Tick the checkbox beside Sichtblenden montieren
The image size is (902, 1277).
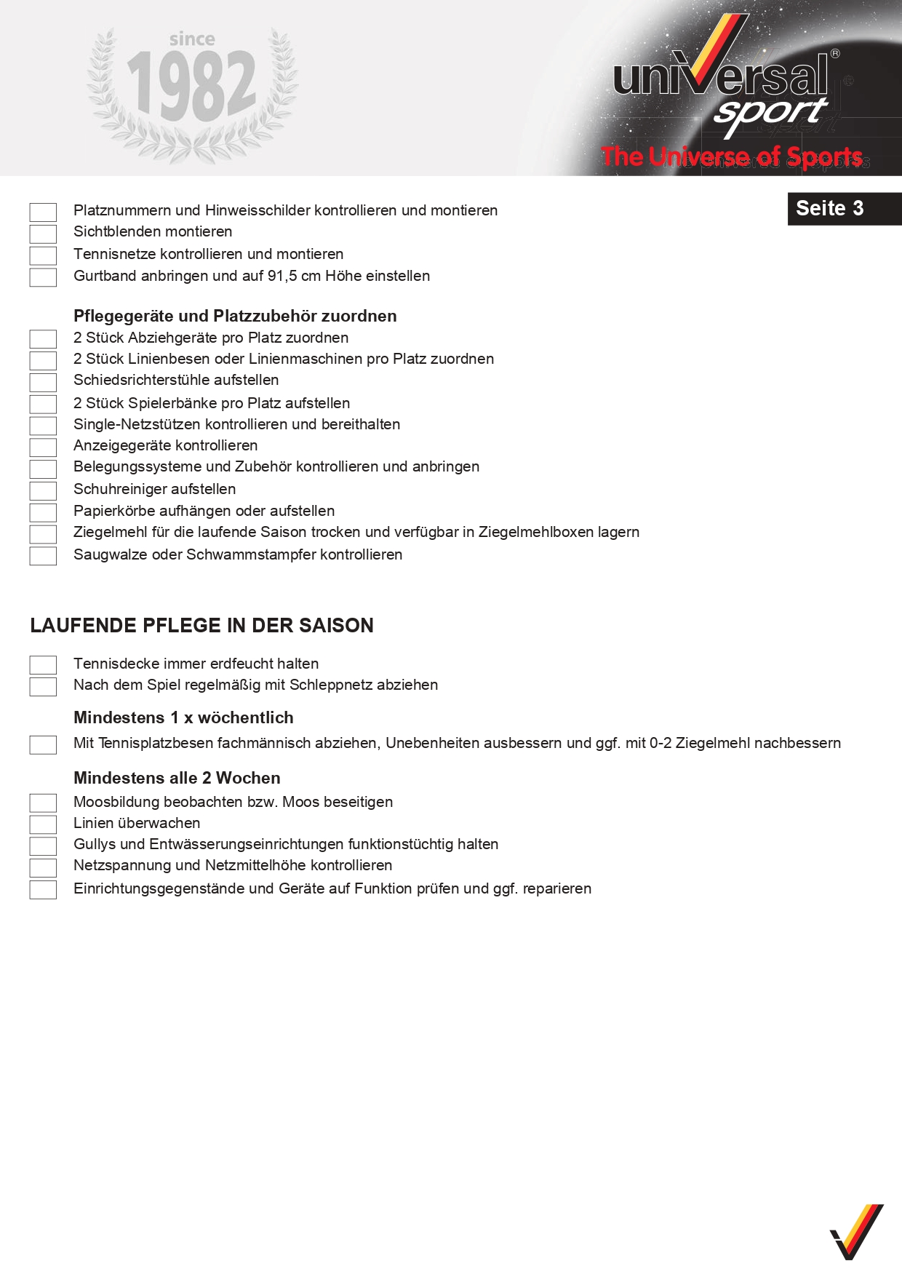tap(43, 234)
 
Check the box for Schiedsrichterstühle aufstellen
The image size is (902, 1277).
tap(43, 382)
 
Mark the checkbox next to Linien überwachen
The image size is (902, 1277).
tap(43, 824)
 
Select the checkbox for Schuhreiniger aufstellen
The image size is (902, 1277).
tap(43, 490)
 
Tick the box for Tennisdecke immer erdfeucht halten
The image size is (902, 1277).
tap(43, 665)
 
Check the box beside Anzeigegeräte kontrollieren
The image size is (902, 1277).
tap(43, 447)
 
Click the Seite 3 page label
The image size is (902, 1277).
tap(829, 209)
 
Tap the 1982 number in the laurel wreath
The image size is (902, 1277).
tap(191, 87)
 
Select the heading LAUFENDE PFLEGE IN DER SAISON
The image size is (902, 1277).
tap(201, 626)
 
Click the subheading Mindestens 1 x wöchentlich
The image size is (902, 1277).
tap(183, 717)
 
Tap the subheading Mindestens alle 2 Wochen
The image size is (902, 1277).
tap(177, 778)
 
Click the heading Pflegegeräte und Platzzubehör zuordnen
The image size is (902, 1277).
tap(235, 316)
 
